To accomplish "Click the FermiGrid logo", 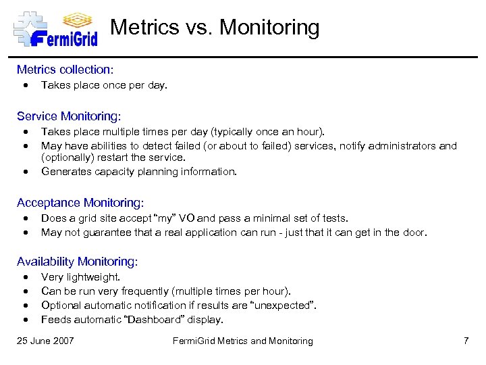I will coord(55,29).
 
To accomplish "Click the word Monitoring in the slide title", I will coord(269,28).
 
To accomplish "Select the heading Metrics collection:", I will coord(65,70).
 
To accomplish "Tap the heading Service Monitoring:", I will coord(69,116).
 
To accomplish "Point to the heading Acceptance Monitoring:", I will coord(80,203).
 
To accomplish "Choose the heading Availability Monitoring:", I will coord(77,262).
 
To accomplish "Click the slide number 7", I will coord(466,341).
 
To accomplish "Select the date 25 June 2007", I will coord(45,341).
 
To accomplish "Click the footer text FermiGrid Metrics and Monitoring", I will coord(243,341).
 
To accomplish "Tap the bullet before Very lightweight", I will coord(25,277).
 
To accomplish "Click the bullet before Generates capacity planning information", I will coord(25,172).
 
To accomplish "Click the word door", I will coord(414,233).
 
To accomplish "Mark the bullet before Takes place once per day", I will coord(25,85).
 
